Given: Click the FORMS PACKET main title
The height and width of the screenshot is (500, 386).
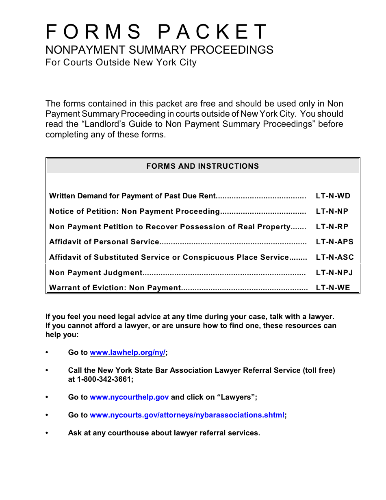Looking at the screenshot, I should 156,32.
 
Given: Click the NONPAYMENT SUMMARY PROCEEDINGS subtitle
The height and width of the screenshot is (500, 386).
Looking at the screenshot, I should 159,50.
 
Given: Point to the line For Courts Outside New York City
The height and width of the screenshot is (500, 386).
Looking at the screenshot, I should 121,63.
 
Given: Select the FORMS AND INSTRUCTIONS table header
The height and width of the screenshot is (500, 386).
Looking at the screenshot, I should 202,166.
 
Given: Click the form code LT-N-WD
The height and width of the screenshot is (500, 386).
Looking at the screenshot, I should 333,196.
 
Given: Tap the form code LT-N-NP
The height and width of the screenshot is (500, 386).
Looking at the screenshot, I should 332,211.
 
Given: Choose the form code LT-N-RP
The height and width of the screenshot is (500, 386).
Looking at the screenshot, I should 332,227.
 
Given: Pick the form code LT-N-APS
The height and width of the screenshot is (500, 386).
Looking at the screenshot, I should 334,242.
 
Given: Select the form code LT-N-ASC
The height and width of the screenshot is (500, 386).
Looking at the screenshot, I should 334,257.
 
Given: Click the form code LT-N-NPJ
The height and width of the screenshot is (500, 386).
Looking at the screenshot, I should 334,273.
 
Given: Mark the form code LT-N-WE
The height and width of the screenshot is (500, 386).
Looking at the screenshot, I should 333,288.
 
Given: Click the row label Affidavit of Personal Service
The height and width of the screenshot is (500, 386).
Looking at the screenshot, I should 104,242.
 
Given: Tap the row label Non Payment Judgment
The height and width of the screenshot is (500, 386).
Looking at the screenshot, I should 95,273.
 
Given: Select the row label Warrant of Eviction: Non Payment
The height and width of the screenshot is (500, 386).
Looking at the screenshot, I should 115,288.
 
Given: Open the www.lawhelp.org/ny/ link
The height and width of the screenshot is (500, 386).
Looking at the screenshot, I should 128,352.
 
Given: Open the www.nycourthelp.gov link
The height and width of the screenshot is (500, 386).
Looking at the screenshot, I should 129,397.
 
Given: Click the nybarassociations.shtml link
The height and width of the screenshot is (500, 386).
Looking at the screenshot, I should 187,415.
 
